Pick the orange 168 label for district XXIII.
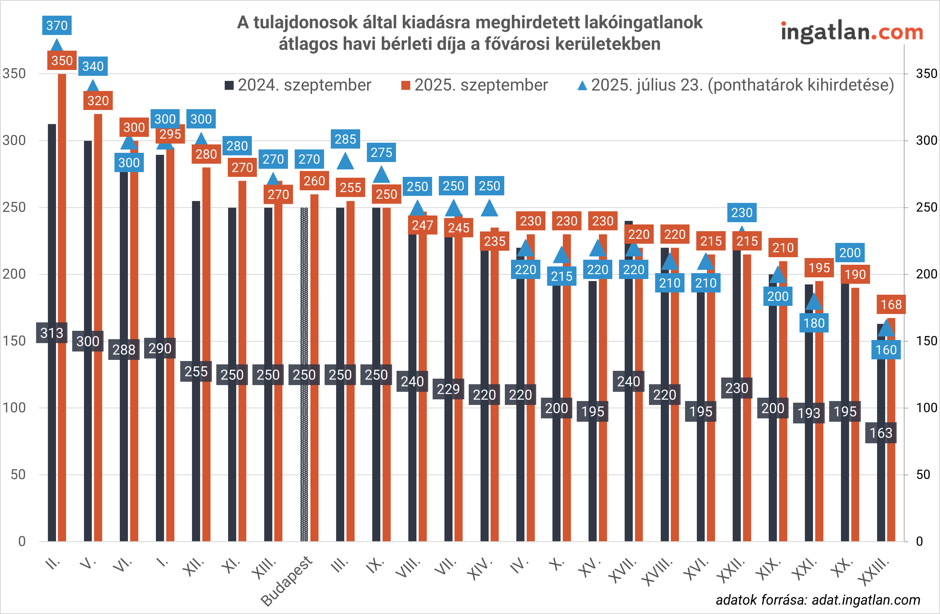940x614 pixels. [891, 304]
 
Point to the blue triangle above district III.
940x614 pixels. [345, 161]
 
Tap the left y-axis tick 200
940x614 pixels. [14, 274]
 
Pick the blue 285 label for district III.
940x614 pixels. [345, 139]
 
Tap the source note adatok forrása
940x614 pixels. [817, 600]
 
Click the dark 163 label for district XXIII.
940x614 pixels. [881, 433]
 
